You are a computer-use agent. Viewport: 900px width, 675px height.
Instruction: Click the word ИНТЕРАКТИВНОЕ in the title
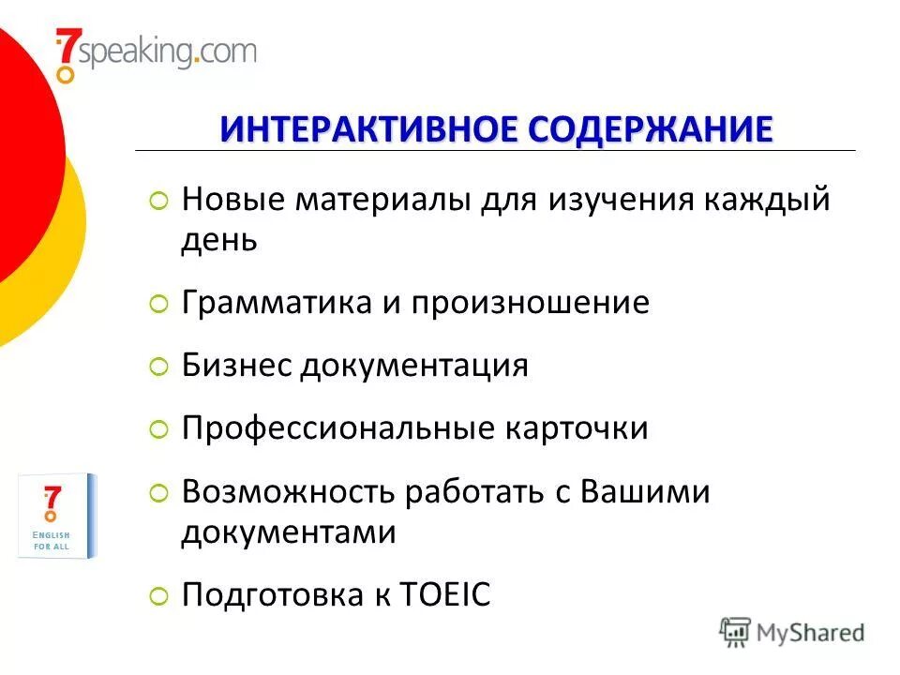click(x=370, y=128)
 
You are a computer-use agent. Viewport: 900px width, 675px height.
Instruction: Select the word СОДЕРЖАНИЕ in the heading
click(x=652, y=128)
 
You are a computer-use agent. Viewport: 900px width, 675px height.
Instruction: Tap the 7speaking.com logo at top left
click(x=155, y=52)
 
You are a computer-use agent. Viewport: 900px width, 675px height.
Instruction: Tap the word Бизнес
click(x=236, y=366)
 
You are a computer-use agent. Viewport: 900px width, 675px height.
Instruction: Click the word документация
click(x=414, y=366)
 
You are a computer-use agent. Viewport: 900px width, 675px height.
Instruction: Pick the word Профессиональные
click(x=338, y=428)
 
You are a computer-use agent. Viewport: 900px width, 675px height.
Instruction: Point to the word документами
click(x=289, y=533)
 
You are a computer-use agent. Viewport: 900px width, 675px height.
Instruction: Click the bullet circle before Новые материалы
click(x=159, y=201)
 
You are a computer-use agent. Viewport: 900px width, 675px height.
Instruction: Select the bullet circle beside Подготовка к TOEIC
click(x=159, y=595)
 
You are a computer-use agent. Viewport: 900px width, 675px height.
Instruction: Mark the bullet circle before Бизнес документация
click(x=159, y=367)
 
